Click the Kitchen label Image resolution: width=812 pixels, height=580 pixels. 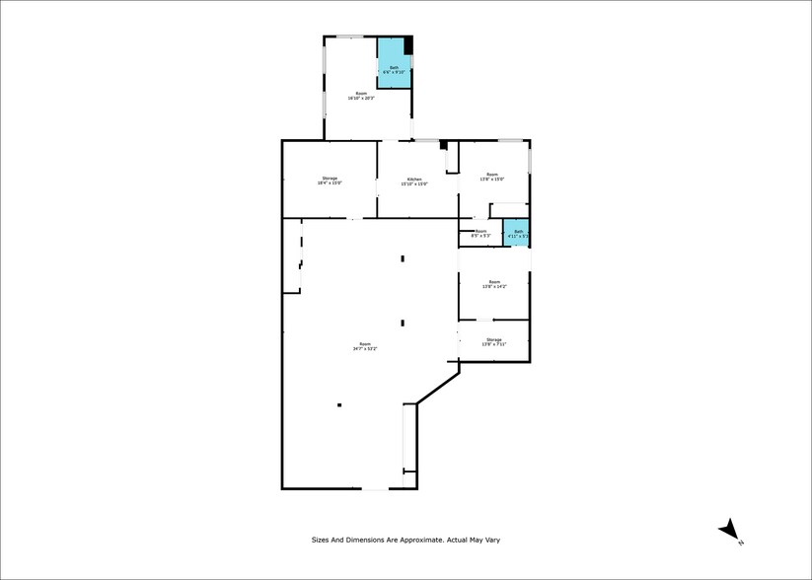413,179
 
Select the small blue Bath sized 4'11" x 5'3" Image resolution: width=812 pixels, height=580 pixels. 516,233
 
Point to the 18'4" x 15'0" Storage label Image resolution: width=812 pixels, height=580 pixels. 330,179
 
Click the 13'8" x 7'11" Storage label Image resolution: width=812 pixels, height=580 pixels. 493,339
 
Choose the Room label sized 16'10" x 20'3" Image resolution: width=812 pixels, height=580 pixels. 361,94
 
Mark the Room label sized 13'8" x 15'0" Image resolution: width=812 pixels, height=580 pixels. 492,177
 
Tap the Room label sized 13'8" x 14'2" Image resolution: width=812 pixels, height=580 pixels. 493,282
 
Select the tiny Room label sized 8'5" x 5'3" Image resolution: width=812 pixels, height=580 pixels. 480,232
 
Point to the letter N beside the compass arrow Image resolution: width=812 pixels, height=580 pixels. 740,543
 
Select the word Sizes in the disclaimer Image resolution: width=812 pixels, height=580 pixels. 322,540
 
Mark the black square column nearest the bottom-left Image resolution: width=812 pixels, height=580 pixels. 339,404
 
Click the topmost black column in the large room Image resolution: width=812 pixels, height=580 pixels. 403,258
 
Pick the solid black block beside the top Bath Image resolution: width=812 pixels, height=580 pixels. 408,45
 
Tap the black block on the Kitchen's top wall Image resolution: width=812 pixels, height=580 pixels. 444,144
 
